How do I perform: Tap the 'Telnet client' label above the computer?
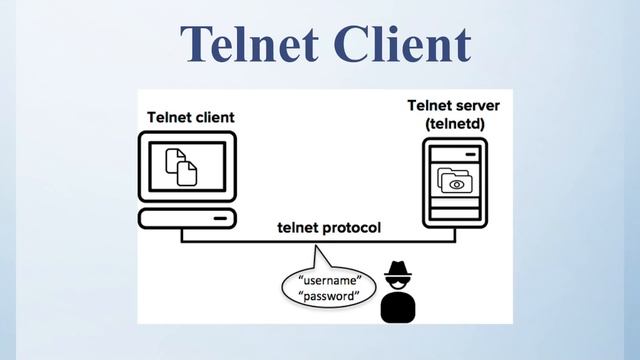click(x=191, y=118)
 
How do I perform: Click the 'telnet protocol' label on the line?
click(x=329, y=228)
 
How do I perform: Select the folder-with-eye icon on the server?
click(x=455, y=181)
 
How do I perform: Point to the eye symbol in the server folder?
click(x=458, y=184)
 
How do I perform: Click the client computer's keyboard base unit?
click(x=187, y=218)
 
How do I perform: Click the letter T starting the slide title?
click(x=198, y=43)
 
